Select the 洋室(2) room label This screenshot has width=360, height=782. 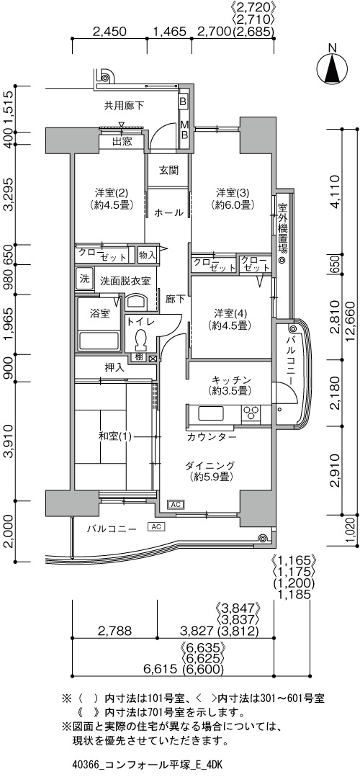coord(109,198)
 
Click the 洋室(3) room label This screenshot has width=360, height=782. coord(233,198)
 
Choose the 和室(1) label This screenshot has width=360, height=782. coord(114,437)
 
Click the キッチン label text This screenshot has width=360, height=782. coord(230,379)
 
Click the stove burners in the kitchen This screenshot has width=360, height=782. coord(251,413)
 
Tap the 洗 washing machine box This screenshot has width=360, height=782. coord(84,277)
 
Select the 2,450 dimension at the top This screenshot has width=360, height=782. coord(109,32)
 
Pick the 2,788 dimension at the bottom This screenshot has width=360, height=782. coord(114,632)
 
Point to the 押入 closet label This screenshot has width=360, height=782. coord(114,369)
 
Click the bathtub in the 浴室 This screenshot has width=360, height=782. coord(100,341)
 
